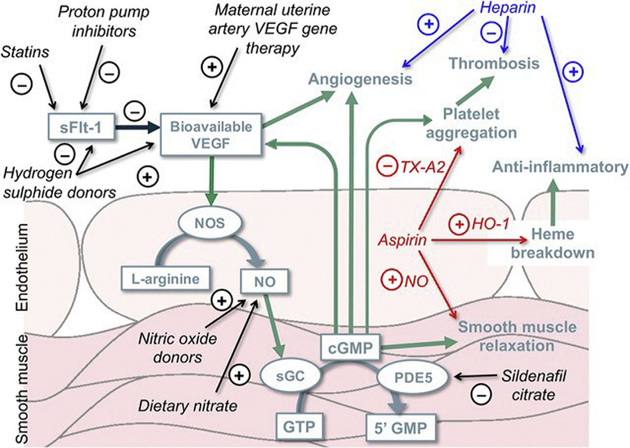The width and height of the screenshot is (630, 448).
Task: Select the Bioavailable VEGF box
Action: tap(211, 135)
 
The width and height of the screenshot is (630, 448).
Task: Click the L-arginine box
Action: tap(165, 279)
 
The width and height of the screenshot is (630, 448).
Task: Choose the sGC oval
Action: tap(291, 376)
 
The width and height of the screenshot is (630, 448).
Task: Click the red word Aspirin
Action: tap(402, 240)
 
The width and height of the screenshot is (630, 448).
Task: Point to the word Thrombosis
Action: tap(494, 63)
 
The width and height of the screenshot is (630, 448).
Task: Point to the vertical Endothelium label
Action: tap(22, 268)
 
